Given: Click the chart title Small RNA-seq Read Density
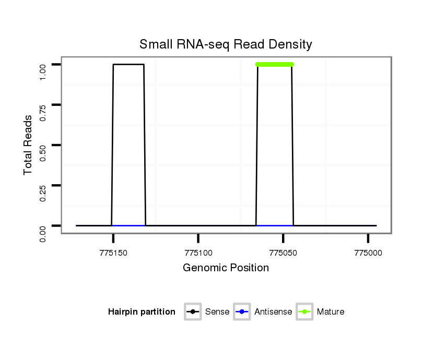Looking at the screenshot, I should pos(226,44).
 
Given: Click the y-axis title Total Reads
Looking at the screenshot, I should pos(28,145).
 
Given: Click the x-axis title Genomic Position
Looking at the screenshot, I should pos(226,268).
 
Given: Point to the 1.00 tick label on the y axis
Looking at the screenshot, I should pos(44,65).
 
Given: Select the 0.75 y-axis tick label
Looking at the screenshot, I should pos(44,105).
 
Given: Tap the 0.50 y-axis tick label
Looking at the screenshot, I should pos(44,145).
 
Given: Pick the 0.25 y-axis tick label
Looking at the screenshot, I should pos(44,185).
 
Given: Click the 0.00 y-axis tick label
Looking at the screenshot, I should pos(44,226).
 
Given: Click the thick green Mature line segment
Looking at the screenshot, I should pos(275,65).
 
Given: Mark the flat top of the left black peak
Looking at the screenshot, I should pos(128,65).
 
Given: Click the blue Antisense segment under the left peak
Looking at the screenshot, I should pos(128,225).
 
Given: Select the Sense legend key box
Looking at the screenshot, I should pos(193,312).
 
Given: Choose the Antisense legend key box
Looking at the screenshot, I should pos(242,312).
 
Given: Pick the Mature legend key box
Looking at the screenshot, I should pos(304,312).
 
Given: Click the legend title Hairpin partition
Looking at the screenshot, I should pos(142,312).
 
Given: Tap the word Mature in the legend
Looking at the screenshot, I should pos(331,312).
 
